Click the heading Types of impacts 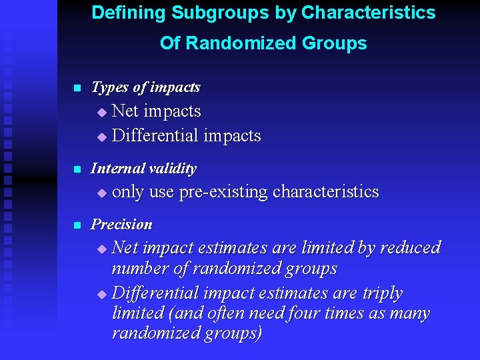[x=145, y=87]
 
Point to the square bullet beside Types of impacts [x=77, y=88]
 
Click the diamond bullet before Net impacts [x=101, y=112]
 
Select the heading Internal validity [x=143, y=169]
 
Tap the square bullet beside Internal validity [x=77, y=169]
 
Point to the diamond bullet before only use [x=101, y=193]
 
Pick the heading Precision [x=121, y=224]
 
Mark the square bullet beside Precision [x=77, y=225]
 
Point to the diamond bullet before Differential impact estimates [x=101, y=294]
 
